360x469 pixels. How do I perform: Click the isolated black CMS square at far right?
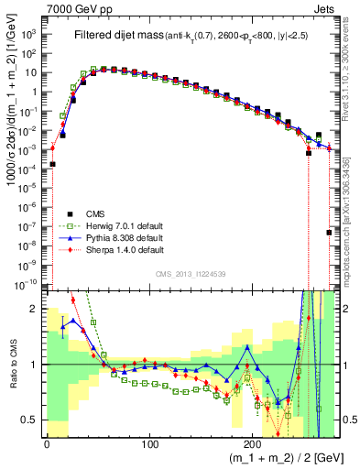(328, 233)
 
